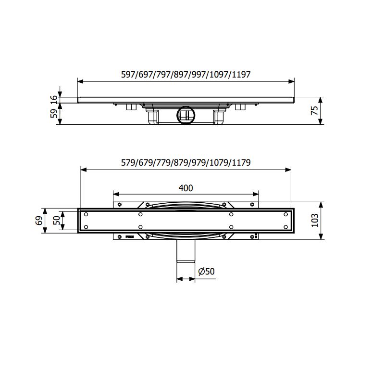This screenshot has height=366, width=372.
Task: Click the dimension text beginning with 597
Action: click(x=186, y=74)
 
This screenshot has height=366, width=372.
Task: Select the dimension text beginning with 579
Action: click(x=186, y=162)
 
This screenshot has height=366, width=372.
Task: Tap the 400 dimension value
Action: click(x=186, y=188)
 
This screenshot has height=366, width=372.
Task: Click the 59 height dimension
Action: click(x=54, y=114)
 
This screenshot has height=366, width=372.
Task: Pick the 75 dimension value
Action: click(x=314, y=111)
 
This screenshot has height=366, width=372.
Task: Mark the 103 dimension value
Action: click(x=314, y=221)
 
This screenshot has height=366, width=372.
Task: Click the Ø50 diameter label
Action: click(x=206, y=272)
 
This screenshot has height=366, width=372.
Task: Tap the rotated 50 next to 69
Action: click(x=57, y=221)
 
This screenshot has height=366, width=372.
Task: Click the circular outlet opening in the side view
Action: click(x=185, y=115)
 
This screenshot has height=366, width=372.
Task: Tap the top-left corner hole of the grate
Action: click(x=86, y=214)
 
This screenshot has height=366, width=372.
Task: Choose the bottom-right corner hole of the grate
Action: click(x=286, y=227)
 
